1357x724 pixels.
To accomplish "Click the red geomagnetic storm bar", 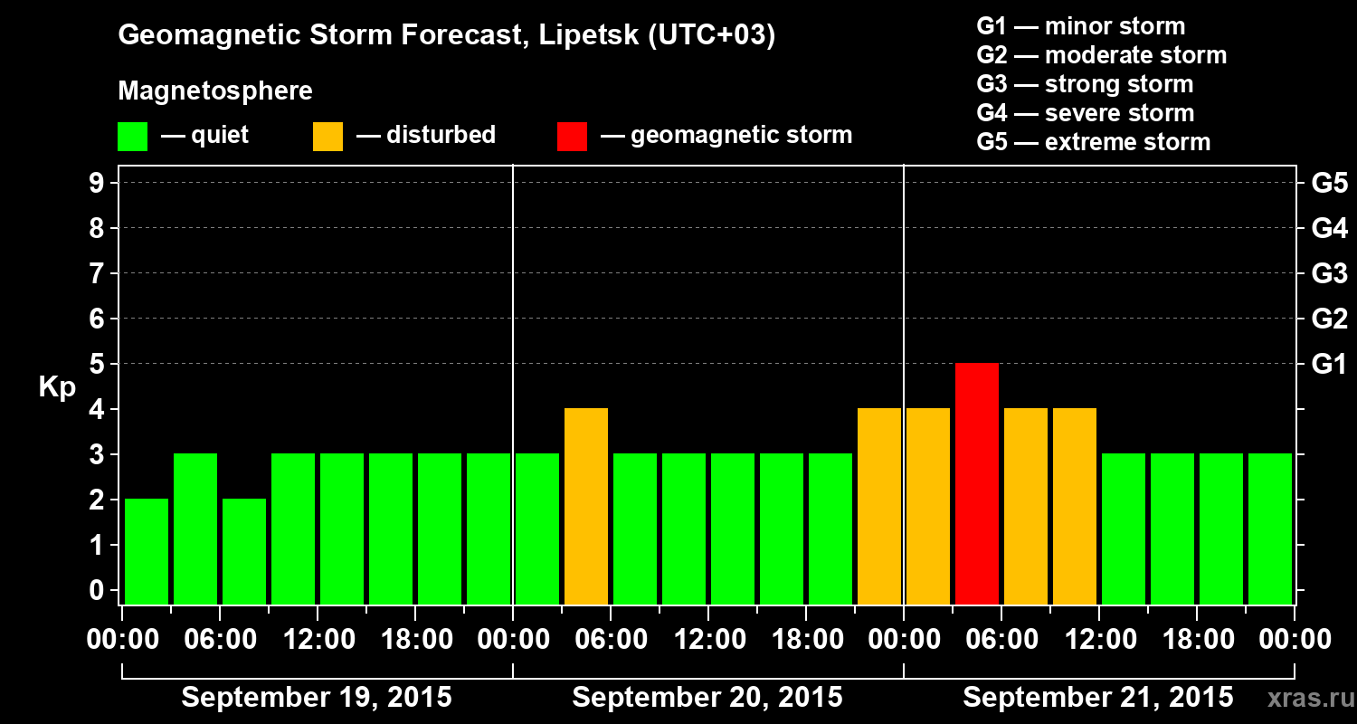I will click(977, 483).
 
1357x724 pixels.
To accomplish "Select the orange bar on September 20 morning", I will click(586, 506).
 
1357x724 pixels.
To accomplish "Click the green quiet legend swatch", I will click(132, 136).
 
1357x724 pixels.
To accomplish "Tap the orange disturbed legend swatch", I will click(327, 136).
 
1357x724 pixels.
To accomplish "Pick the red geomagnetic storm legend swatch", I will click(572, 136).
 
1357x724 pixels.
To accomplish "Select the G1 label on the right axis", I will click(1329, 365).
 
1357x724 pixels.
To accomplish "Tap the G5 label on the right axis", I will click(1329, 184).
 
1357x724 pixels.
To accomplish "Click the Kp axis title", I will click(57, 387).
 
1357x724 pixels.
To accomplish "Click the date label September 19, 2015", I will click(317, 698).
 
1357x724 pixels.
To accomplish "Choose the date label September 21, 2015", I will click(1097, 698).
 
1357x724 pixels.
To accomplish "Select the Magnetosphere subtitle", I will click(215, 91).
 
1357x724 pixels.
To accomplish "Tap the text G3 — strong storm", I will click(1085, 84).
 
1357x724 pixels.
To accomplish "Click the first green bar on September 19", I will click(147, 551).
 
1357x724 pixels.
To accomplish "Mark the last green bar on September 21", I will click(1270, 529).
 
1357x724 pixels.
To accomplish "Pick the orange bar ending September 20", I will click(879, 506).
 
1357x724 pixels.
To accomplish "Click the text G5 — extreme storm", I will click(1093, 142).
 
